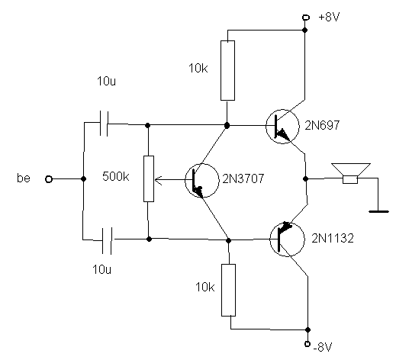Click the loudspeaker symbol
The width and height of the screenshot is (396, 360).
pos(350,173)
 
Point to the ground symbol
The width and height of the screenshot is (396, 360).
pos(378,211)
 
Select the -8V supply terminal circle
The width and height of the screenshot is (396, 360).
pos(307,344)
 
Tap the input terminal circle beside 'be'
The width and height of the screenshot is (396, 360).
pos(49,179)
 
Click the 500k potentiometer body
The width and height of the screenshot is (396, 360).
pos(149,178)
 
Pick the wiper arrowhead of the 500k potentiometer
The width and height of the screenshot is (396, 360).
pos(157,180)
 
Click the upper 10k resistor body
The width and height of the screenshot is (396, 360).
pos(227,70)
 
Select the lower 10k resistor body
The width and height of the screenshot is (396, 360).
pos(228,290)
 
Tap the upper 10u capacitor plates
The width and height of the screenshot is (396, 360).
pos(104,124)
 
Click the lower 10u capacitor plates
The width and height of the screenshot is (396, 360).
pos(107,241)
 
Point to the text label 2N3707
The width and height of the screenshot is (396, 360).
pos(243,178)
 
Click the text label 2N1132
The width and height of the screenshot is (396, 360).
pos(333,238)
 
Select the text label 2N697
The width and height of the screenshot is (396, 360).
pos(322,125)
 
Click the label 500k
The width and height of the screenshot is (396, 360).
pos(116,176)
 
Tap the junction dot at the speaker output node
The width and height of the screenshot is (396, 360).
pos(306,179)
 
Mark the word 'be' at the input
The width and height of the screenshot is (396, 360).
pos(24,178)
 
